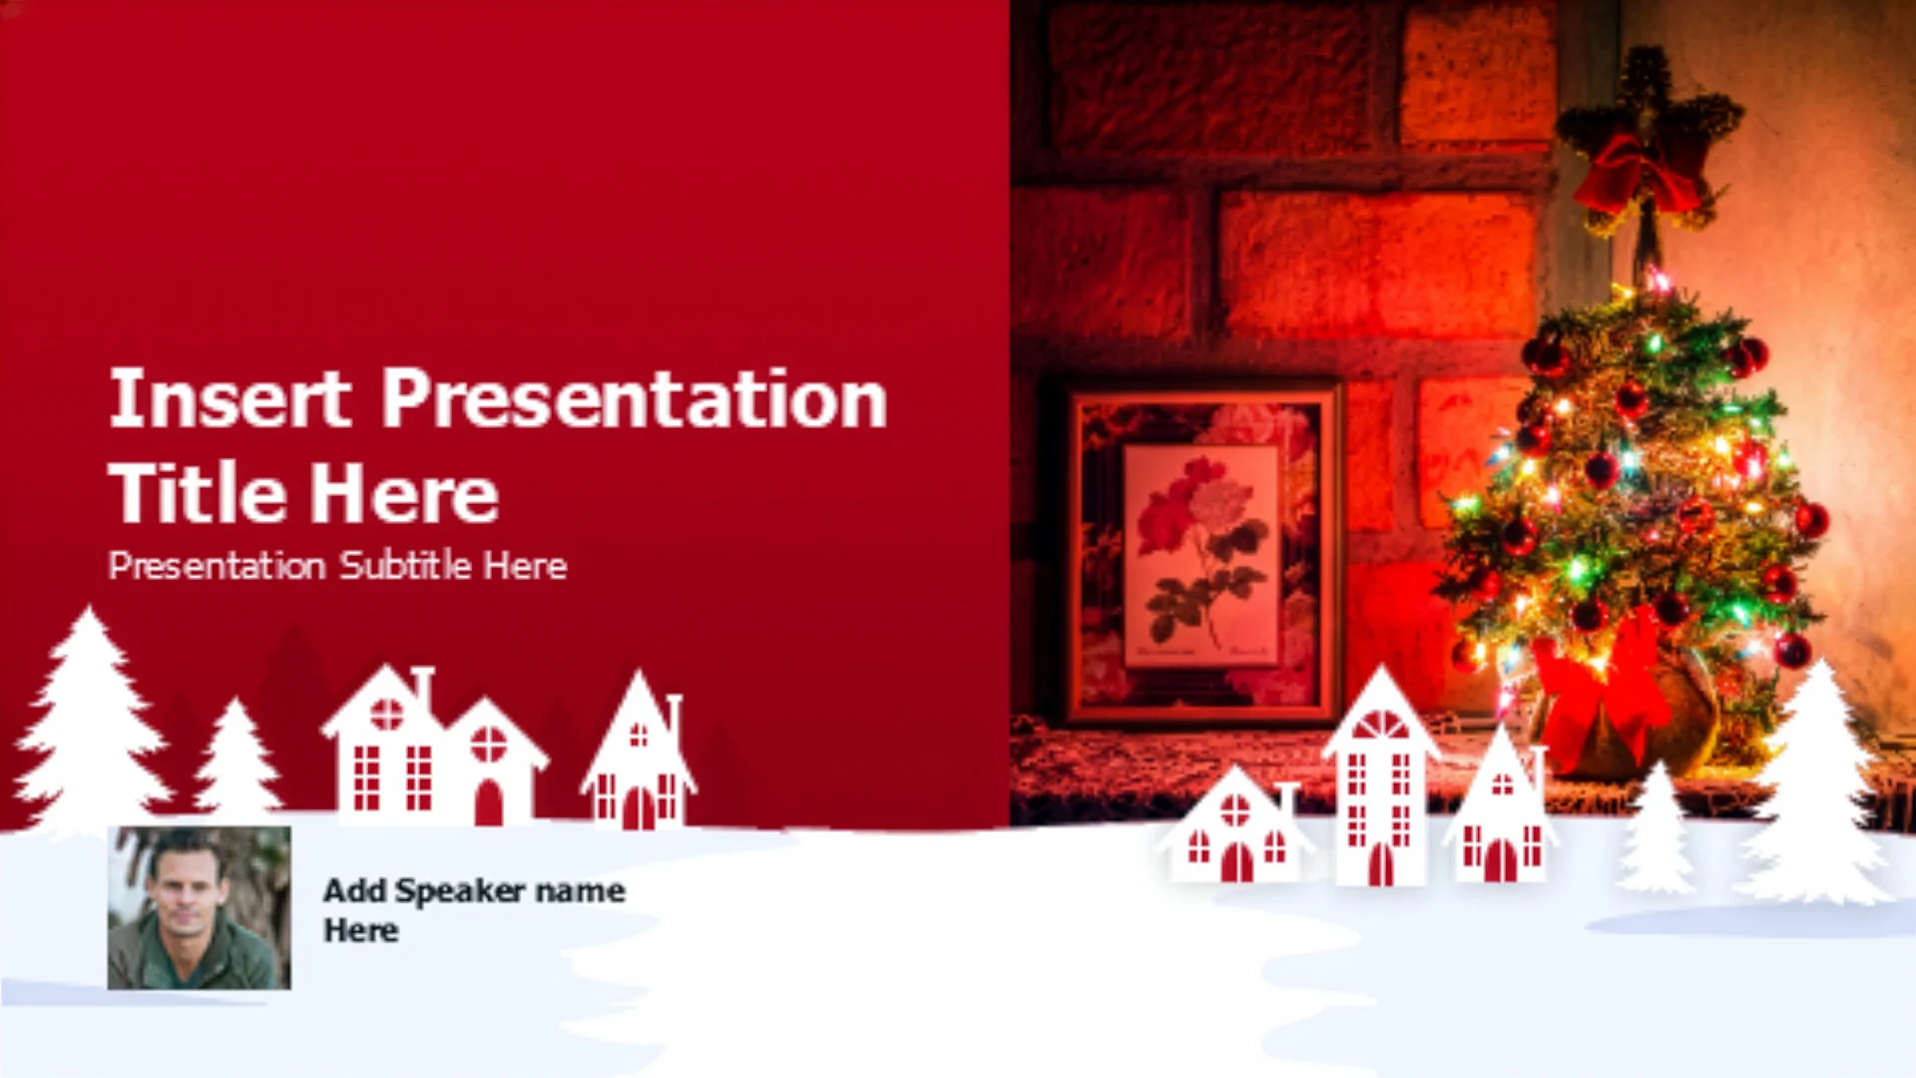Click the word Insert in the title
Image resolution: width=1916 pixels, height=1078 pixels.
(230, 398)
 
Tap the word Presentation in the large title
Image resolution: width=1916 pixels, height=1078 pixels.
(635, 398)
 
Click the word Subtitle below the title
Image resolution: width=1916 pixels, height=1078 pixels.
(405, 566)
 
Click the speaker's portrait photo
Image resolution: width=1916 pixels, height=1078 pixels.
(200, 907)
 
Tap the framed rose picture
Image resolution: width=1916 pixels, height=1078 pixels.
(1202, 555)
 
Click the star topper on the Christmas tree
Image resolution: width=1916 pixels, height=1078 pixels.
(1647, 140)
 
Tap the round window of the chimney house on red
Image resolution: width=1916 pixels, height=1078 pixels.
(386, 714)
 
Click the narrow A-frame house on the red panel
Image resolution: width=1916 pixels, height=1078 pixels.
(639, 754)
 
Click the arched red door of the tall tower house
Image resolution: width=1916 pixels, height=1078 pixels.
(1381, 864)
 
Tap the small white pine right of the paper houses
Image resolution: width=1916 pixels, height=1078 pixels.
(1657, 828)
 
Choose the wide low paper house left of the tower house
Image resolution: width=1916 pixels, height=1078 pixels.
(1235, 826)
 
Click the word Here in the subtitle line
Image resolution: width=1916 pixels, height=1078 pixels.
(526, 566)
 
